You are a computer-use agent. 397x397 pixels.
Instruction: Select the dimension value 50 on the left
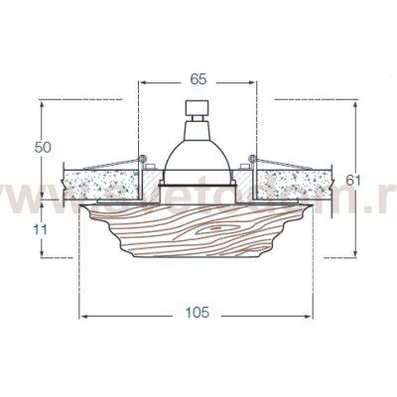click(43, 147)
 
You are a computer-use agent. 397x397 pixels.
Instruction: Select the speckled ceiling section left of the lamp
click(99, 182)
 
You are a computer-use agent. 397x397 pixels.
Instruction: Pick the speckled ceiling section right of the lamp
click(298, 182)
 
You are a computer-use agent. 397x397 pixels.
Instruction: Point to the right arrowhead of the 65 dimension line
click(254, 84)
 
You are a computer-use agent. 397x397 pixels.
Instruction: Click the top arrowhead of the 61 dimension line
click(357, 102)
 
